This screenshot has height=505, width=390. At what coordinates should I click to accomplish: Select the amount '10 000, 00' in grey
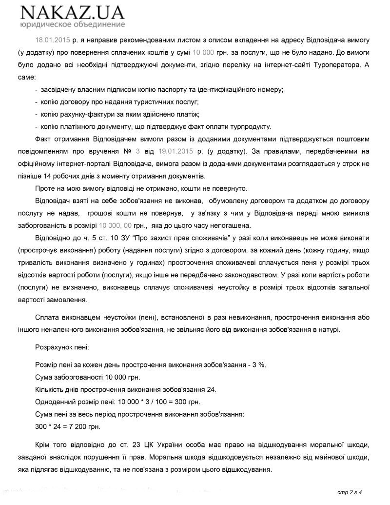click(x=115, y=226)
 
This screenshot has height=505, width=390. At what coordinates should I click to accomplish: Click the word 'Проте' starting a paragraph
click(x=45, y=188)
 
